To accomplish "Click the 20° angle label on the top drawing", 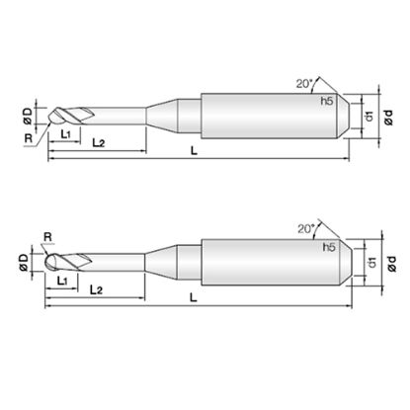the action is click(x=303, y=84).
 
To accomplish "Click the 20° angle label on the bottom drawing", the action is click(x=306, y=228).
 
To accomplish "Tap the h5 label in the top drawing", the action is click(x=327, y=102).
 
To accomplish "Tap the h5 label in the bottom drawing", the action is click(x=329, y=247).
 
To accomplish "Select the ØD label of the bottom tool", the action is click(x=24, y=263).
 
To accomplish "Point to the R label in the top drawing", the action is click(x=29, y=138).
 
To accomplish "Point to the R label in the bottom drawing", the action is click(x=48, y=237).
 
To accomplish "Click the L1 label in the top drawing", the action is click(x=66, y=134).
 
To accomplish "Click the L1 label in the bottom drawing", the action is click(x=62, y=281).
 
